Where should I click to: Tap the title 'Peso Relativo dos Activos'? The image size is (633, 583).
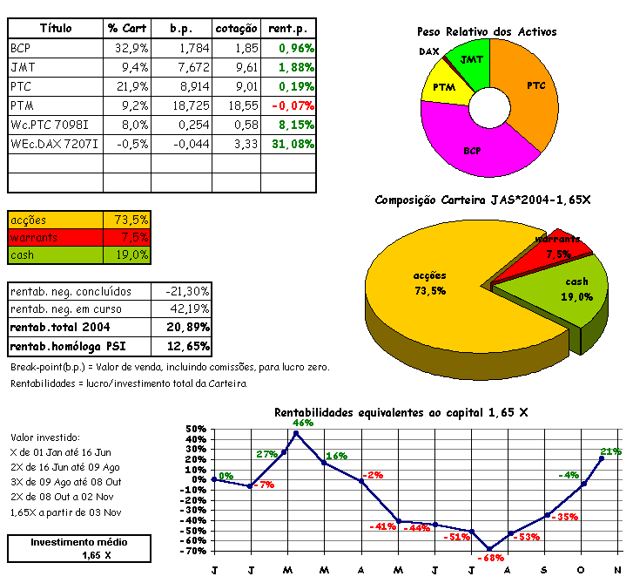(x=487, y=31)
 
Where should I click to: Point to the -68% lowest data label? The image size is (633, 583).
(x=493, y=557)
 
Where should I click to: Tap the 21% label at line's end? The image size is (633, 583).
(x=610, y=451)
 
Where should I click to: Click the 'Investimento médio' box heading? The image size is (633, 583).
(x=74, y=542)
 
